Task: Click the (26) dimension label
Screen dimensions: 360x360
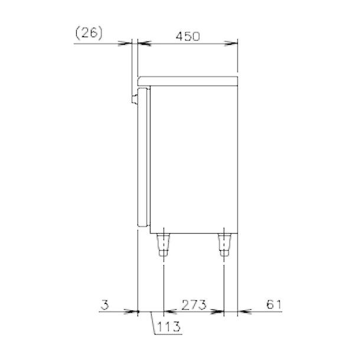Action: pos(89,33)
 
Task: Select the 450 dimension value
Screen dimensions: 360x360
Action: pos(188,37)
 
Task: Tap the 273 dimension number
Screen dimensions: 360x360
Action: pos(194,305)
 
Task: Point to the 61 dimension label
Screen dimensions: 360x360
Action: pos(274,305)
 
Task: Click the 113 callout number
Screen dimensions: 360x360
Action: pos(169,326)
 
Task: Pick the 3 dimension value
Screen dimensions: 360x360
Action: pos(104,305)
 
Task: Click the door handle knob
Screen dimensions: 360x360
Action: pos(135,99)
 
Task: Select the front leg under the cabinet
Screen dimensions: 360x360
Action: pos(163,245)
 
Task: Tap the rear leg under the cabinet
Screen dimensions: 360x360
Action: pos(224,245)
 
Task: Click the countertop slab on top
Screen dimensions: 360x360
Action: pos(188,81)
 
